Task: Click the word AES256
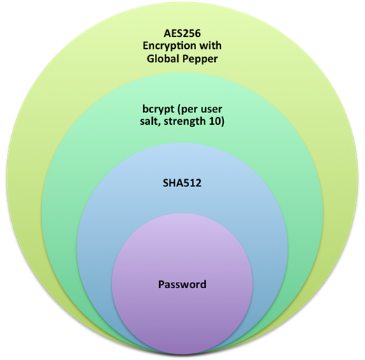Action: (182, 33)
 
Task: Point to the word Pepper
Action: (200, 59)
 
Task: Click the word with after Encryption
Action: (211, 45)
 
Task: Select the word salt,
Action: (150, 121)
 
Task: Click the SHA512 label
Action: (182, 183)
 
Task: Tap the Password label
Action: (182, 285)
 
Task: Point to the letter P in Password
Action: (161, 285)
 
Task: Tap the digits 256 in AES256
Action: (192, 33)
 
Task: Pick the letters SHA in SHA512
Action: (173, 183)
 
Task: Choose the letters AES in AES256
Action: (173, 33)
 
